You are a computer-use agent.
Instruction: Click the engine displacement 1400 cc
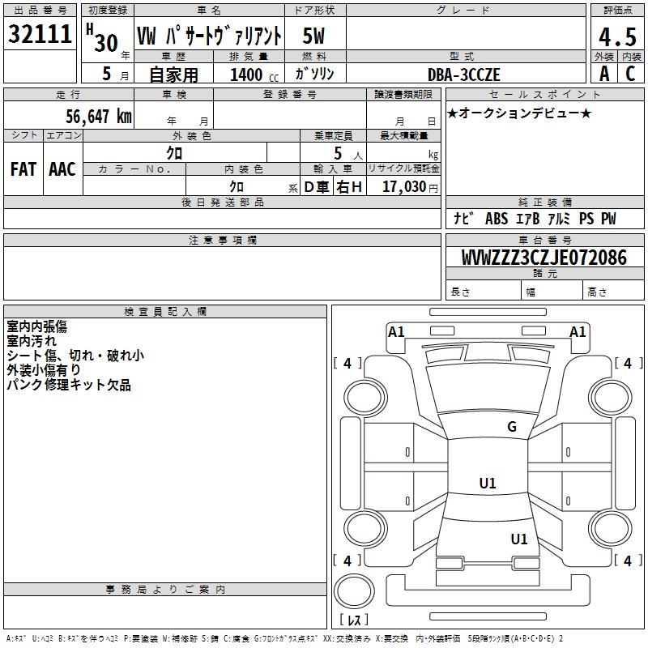[x=246, y=75]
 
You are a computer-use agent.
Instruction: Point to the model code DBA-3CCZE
[x=464, y=75]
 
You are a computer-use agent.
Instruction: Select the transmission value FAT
[x=23, y=168]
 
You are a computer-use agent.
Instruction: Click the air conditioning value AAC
[x=62, y=168]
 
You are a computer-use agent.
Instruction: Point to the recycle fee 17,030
[x=404, y=187]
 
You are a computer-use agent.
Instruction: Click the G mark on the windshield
[x=511, y=427]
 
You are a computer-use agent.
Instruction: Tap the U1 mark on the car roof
[x=488, y=484]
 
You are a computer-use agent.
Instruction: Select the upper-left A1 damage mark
[x=396, y=331]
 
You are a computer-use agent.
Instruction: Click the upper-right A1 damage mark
[x=578, y=331]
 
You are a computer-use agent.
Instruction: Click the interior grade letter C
[x=629, y=75]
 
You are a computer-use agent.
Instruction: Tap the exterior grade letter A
[x=603, y=75]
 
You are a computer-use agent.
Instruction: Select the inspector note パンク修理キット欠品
[x=69, y=386]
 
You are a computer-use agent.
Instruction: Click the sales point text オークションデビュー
[x=519, y=113]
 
